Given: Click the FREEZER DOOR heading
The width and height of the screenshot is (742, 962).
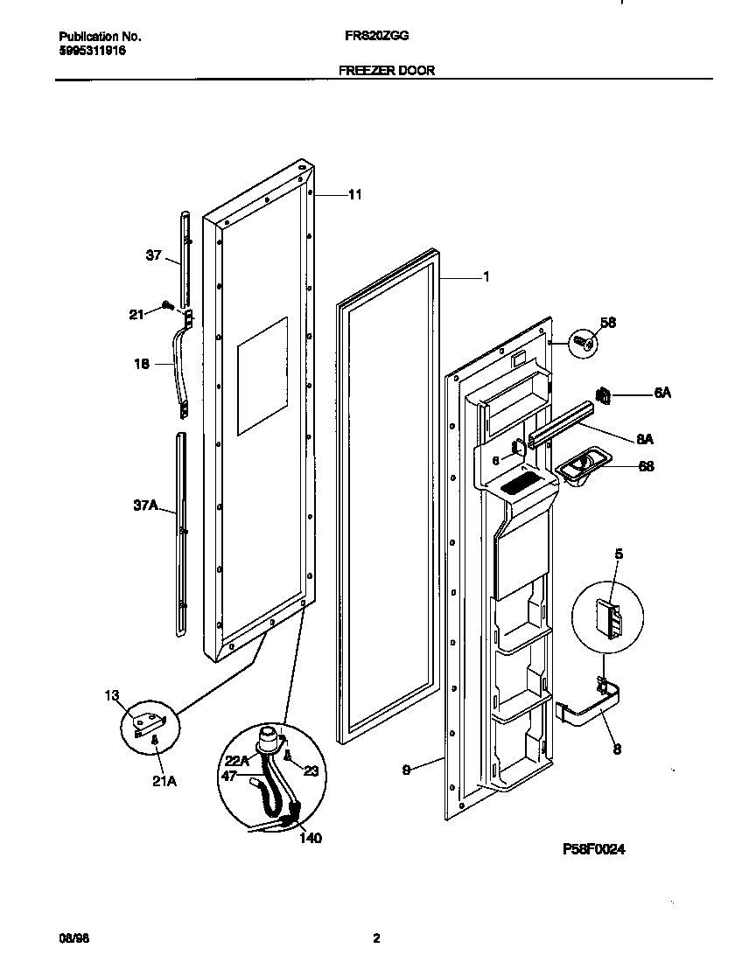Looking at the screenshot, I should [x=387, y=71].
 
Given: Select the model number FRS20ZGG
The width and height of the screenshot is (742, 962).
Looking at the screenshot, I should [x=376, y=38].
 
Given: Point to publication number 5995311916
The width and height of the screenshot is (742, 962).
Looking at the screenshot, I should [x=91, y=51].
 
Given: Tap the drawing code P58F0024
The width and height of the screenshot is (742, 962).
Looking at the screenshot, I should [x=593, y=849].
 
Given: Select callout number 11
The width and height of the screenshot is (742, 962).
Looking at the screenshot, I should [x=354, y=195].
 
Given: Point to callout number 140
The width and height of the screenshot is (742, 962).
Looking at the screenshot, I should [x=310, y=838].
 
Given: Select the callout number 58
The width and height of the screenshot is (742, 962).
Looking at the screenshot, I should [x=609, y=324].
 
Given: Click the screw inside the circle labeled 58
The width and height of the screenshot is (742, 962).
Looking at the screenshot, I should [x=585, y=345].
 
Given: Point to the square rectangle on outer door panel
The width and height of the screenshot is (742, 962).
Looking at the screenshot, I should [x=262, y=375].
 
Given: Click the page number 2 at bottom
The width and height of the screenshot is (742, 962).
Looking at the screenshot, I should [x=375, y=938].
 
